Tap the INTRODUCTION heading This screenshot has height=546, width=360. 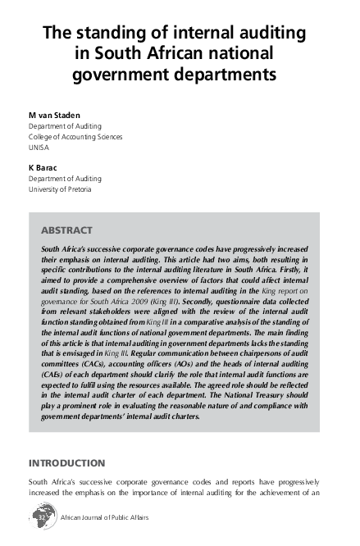(66, 464)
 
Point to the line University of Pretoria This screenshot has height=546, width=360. (60, 189)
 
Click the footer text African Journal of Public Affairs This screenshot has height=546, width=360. (105, 519)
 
